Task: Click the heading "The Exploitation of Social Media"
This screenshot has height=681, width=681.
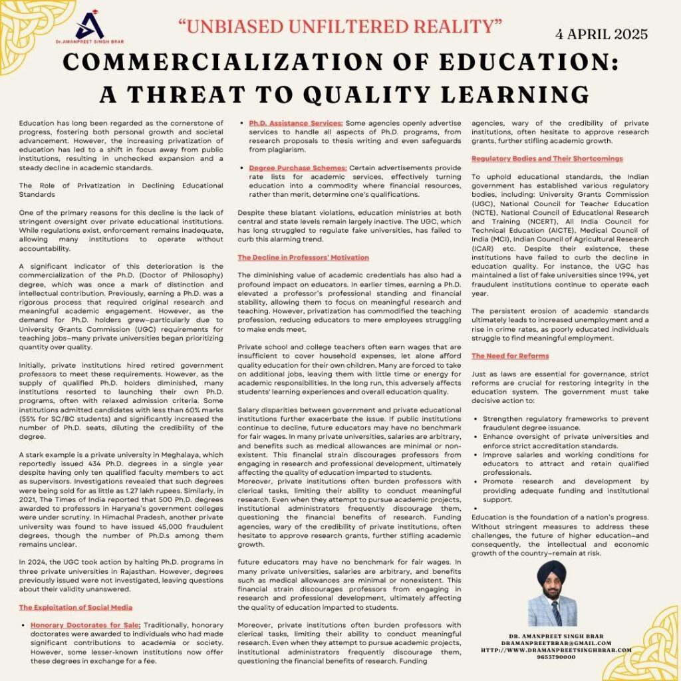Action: click(75, 607)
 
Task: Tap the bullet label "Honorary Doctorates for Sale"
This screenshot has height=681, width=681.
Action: click(85, 625)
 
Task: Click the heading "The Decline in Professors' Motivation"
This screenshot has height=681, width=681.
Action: click(303, 257)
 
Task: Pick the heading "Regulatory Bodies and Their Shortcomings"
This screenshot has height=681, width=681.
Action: click(547, 159)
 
